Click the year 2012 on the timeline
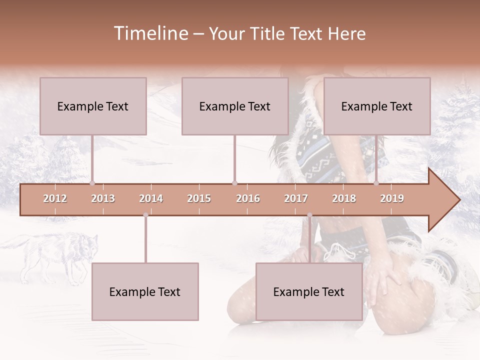point(55,198)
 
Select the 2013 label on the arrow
point(103,198)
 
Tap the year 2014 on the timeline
point(151,198)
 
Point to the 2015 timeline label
point(199,198)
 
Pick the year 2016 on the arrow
point(248,198)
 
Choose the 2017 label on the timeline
point(296,198)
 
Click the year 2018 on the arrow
point(344,198)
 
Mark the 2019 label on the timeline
point(392,198)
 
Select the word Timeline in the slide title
point(150,33)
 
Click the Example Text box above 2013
point(93,106)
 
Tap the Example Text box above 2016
point(235,106)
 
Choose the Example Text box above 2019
point(377,106)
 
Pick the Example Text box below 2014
point(145,291)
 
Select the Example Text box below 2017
point(309,291)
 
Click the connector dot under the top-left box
point(92,183)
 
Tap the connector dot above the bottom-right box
point(309,215)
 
